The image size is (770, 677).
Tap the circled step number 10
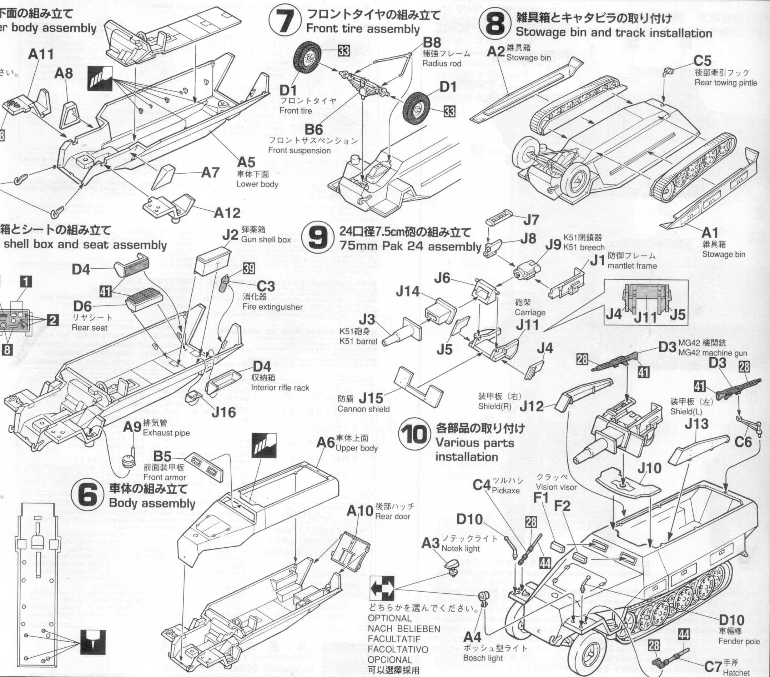pos(414,435)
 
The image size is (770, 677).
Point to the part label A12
pos(227,213)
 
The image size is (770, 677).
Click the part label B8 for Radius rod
pos(432,43)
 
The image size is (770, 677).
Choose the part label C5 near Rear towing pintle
pos(702,61)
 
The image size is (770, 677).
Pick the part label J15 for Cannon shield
pos(371,398)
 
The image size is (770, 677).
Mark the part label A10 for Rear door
pos(359,511)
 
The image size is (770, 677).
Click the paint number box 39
pos(248,268)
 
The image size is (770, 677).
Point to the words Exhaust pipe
pos(166,433)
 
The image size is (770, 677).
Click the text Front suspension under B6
pos(299,150)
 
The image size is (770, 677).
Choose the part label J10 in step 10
pos(649,468)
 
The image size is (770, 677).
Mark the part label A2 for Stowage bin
pos(495,51)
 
